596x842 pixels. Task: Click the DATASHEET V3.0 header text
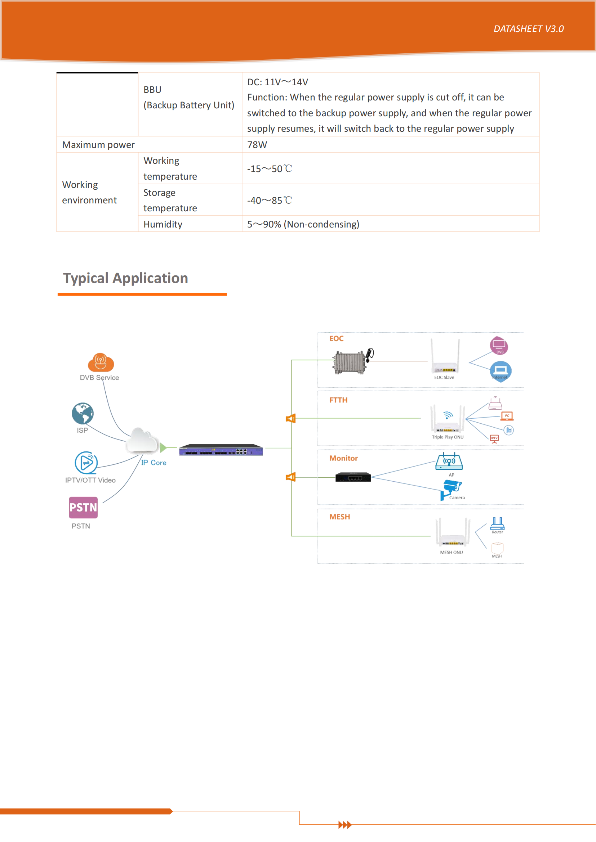point(528,29)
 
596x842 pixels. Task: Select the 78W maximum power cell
point(257,145)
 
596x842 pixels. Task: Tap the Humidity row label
point(163,224)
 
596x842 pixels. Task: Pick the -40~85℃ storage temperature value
point(270,200)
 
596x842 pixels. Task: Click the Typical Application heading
point(125,278)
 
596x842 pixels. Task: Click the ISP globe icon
point(83,413)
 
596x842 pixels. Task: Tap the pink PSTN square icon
point(83,508)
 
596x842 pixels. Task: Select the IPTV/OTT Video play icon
point(86,463)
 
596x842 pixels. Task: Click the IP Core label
point(154,463)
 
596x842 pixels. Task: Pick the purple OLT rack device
point(221,450)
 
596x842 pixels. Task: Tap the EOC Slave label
point(444,377)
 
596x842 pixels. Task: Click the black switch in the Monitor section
point(353,477)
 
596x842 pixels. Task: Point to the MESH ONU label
point(452,552)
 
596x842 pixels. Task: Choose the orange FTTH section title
point(338,400)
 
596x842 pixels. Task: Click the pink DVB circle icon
point(499,346)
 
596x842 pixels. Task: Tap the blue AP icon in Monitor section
point(449,462)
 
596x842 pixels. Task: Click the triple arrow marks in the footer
point(344,825)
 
